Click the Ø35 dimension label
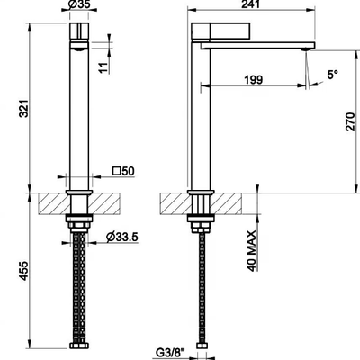coord(79,4)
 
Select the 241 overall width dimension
coord(250,4)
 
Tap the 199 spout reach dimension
coord(254,80)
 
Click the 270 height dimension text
coord(350,122)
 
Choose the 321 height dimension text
coord(23,108)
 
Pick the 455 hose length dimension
coord(23,271)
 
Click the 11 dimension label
coord(103,67)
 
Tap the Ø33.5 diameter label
coord(122,238)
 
